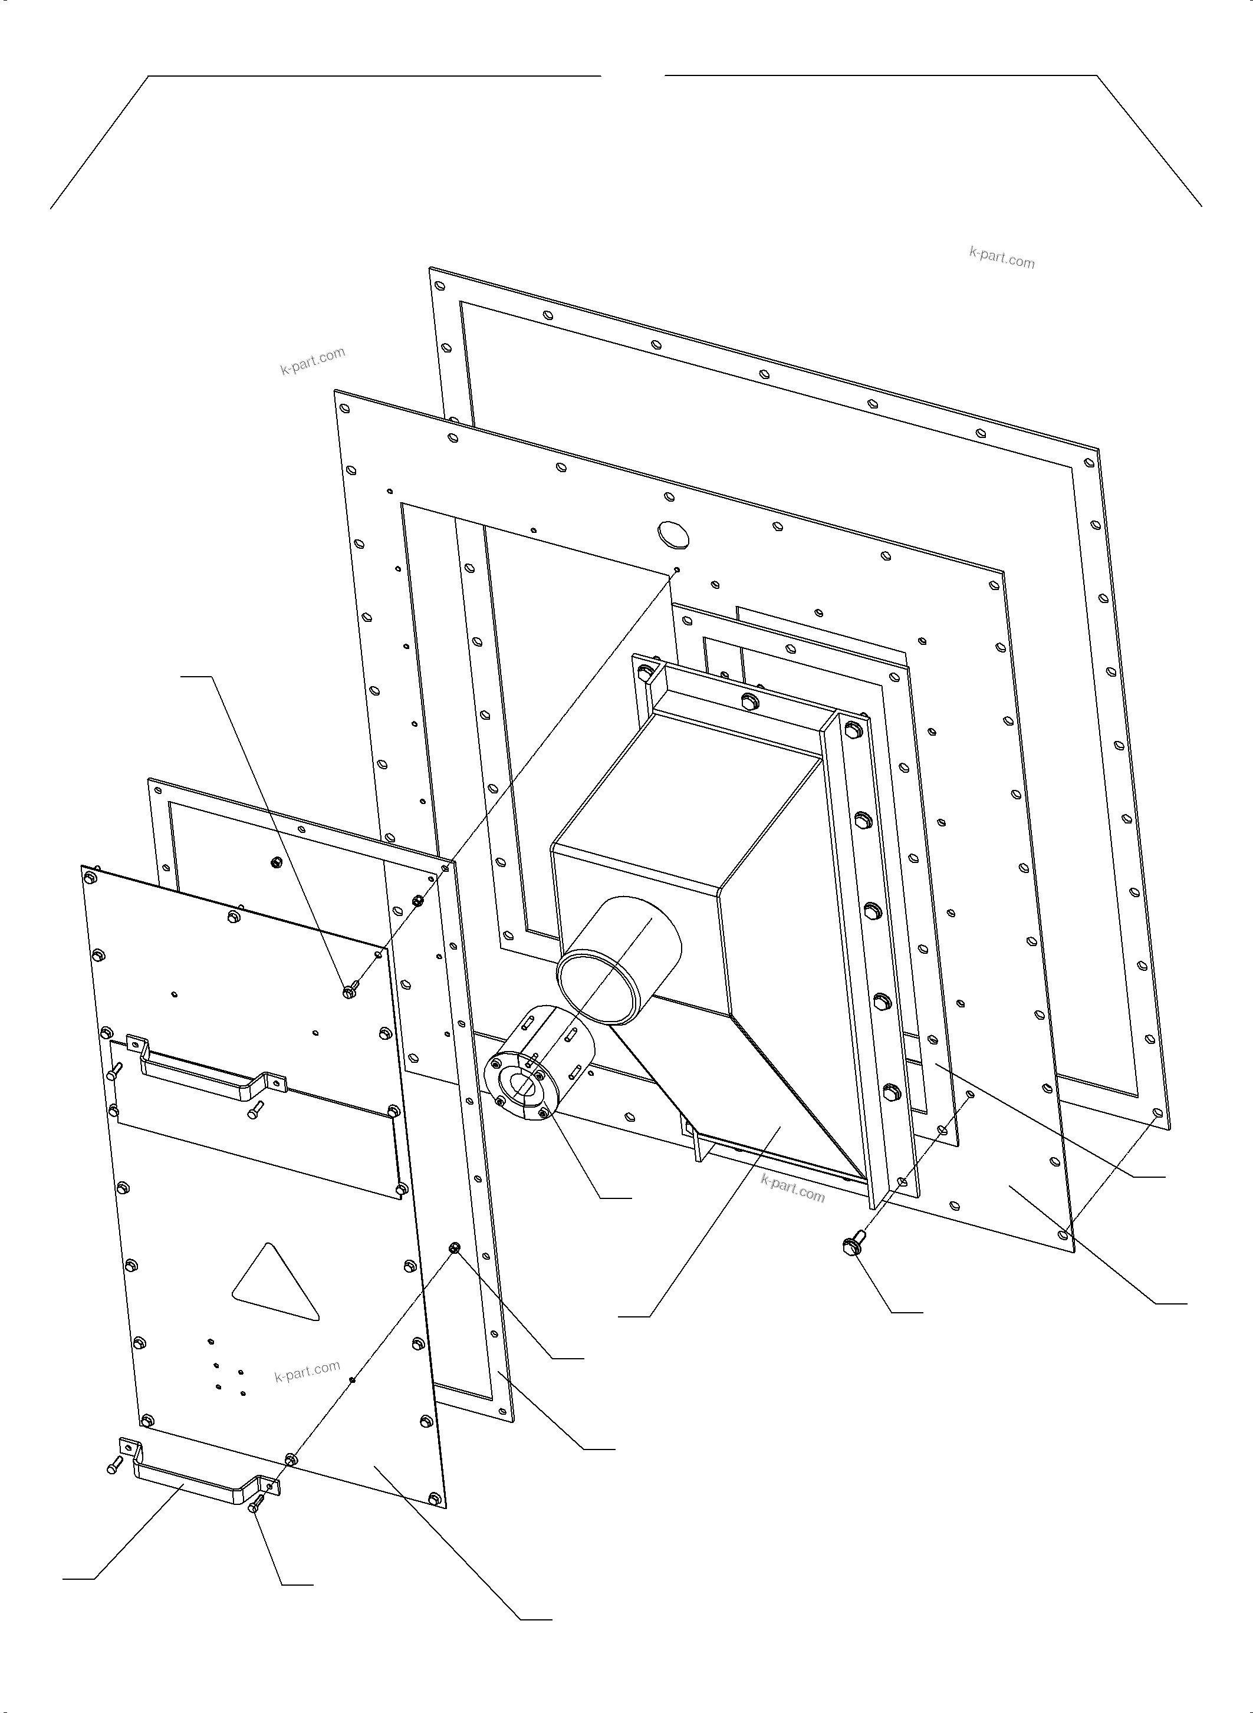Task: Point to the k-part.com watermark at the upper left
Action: pos(313,361)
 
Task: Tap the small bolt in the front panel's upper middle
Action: pos(349,991)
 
